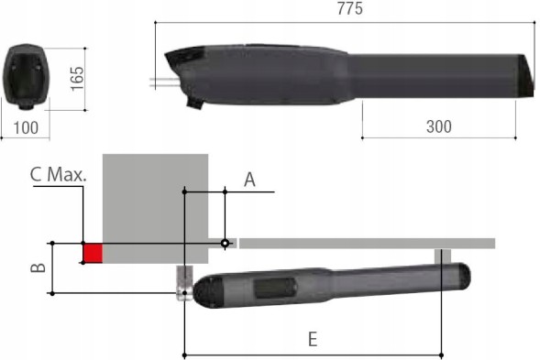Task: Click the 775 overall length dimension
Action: point(349,9)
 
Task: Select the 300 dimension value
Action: point(439,126)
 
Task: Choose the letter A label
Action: point(248,180)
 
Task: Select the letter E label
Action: point(312,339)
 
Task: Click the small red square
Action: point(92,252)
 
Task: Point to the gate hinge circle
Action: point(224,243)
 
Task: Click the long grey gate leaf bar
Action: point(367,243)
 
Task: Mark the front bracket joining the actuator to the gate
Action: point(442,256)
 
